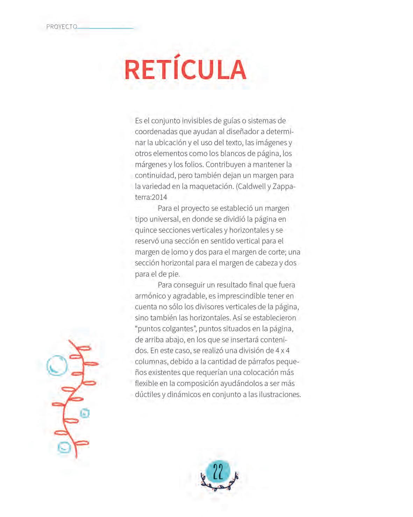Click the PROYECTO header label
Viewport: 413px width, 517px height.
(62, 27)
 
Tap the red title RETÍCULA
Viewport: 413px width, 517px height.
(185, 69)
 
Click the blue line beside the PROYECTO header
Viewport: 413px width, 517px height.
(105, 28)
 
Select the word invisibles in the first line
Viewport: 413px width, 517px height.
(197, 121)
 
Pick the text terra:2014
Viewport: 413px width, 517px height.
(151, 197)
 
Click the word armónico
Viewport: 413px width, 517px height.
(150, 296)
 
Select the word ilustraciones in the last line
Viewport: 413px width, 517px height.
(279, 394)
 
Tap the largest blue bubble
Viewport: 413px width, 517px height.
(57, 365)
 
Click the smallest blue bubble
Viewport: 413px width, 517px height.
(85, 413)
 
